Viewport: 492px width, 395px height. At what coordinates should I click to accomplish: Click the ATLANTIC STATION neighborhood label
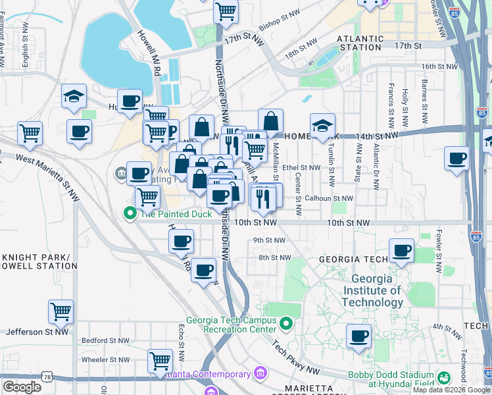click(359, 43)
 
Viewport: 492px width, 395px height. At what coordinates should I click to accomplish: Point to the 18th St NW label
click(301, 50)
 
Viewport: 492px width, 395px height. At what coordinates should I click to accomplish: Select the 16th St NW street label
click(438, 66)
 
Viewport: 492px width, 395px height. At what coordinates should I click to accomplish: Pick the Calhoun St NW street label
click(328, 198)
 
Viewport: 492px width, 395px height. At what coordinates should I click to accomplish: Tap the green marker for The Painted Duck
click(130, 213)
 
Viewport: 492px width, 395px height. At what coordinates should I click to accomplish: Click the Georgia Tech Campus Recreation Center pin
click(285, 323)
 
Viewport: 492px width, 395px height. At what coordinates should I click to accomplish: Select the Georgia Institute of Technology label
click(372, 290)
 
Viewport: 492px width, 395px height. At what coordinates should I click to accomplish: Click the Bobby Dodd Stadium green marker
click(445, 378)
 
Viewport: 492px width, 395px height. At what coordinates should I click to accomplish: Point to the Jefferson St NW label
click(37, 332)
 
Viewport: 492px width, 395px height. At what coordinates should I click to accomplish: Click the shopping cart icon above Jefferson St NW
click(61, 311)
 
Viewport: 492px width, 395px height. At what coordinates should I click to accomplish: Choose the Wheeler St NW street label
click(105, 360)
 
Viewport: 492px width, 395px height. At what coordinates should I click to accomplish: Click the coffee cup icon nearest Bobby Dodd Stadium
click(358, 336)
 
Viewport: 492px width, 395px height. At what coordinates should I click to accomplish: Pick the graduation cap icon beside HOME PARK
click(322, 125)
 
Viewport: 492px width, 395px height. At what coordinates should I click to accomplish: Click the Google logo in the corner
click(22, 387)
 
